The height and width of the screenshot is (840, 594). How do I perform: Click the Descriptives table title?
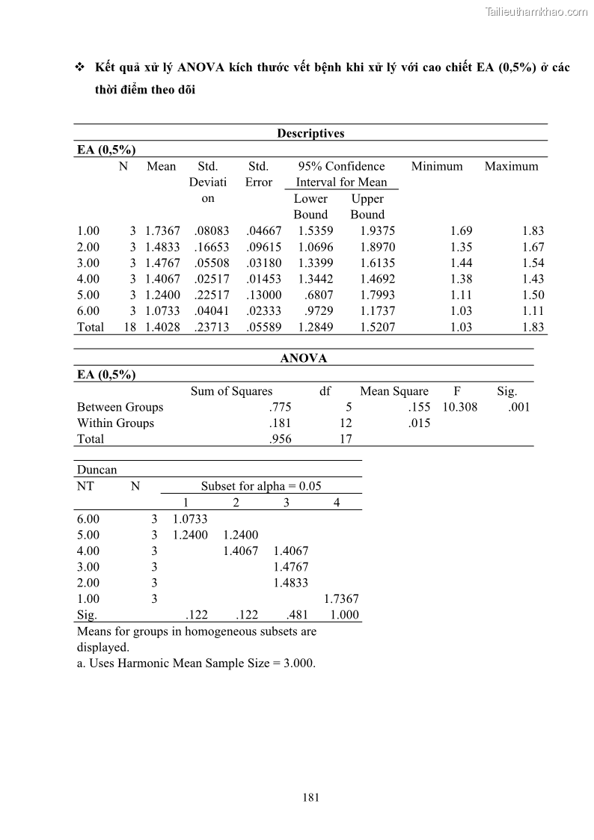point(310,133)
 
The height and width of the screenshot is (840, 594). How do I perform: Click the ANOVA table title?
point(303,358)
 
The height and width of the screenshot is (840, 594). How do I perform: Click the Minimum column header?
point(437,166)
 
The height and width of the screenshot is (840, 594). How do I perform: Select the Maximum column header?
point(511,166)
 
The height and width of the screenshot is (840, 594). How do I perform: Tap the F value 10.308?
point(459,407)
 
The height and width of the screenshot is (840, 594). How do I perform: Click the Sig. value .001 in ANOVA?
point(518,407)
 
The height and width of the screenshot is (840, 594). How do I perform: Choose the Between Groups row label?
point(120,407)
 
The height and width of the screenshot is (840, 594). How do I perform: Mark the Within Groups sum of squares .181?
point(280,423)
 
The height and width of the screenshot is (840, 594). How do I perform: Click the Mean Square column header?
point(394,391)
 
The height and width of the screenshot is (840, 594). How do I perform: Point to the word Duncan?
point(97,470)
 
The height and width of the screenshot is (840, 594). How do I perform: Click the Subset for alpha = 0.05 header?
point(261,486)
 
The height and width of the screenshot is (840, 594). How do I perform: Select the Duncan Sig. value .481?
point(297,615)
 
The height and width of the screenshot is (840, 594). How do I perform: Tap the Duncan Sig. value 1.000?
point(344,615)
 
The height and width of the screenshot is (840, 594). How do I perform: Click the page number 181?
point(311,797)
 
